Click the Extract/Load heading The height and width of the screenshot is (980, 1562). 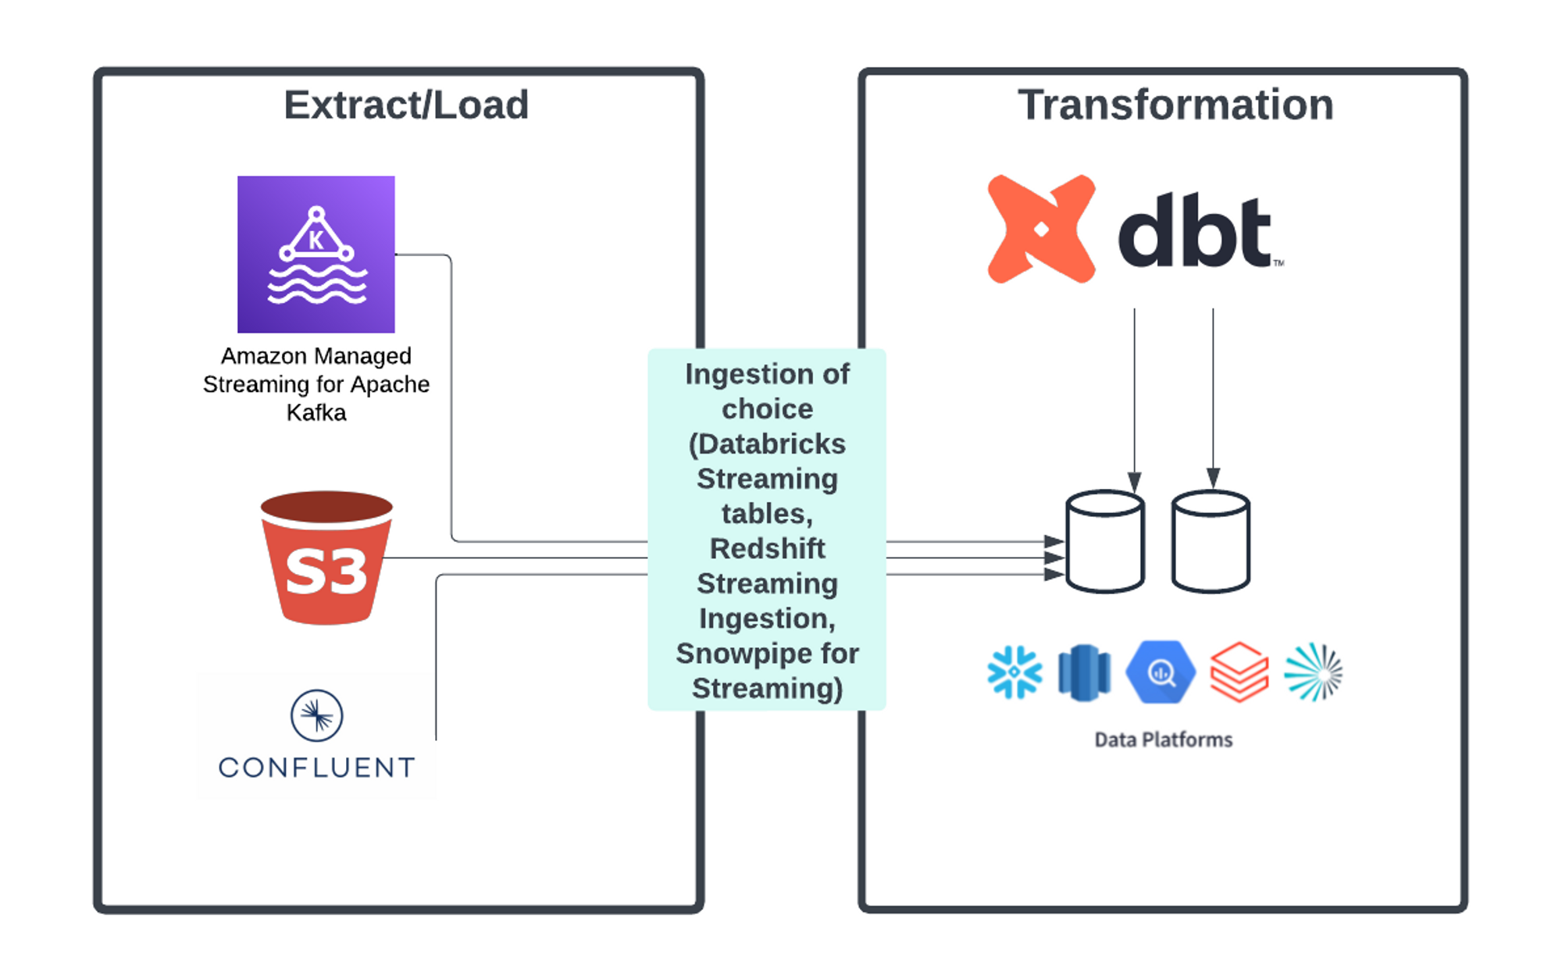point(406,105)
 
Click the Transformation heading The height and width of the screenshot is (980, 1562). point(1175,105)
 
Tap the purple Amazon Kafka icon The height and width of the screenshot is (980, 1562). point(316,255)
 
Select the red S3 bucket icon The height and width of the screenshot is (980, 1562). point(326,558)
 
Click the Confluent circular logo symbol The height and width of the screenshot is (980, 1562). point(316,715)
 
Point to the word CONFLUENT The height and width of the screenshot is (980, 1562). point(316,768)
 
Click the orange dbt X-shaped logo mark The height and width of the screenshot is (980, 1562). point(1041,229)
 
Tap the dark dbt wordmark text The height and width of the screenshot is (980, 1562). point(1195,232)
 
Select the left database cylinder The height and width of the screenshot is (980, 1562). point(1105,541)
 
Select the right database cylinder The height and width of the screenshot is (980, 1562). point(1211,541)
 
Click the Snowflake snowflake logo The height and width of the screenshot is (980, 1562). point(1015,672)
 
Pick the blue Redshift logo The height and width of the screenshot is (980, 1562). point(1084,672)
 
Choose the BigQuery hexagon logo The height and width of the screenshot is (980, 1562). point(1161,672)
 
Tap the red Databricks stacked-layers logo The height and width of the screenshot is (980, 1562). point(1239,672)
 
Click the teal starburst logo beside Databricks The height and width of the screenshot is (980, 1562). point(1314,672)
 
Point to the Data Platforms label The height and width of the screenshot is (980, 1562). point(1163,739)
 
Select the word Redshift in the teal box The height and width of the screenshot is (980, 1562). point(767,549)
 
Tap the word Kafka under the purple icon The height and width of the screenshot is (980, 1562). point(316,412)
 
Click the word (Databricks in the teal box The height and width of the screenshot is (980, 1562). point(767,444)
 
